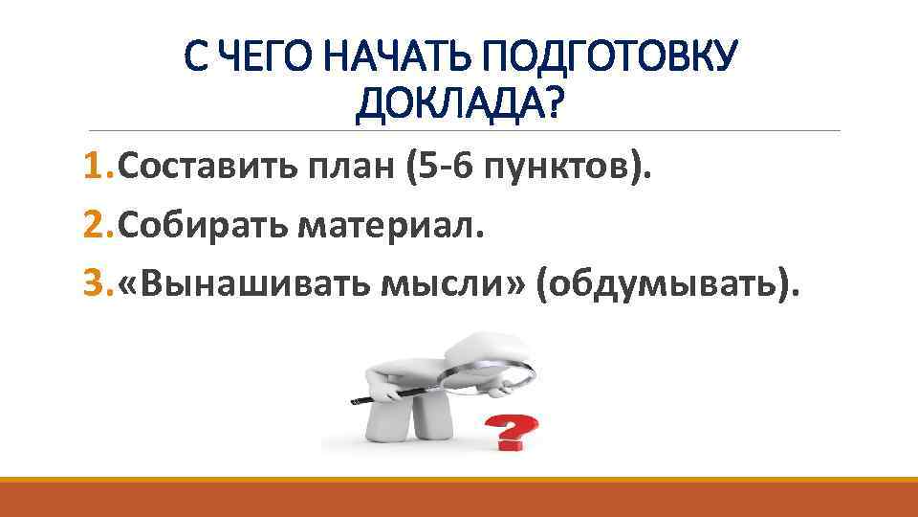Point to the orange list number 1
(95, 169)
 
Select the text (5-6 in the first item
(439, 169)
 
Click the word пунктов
(561, 169)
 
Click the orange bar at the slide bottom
(459, 497)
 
